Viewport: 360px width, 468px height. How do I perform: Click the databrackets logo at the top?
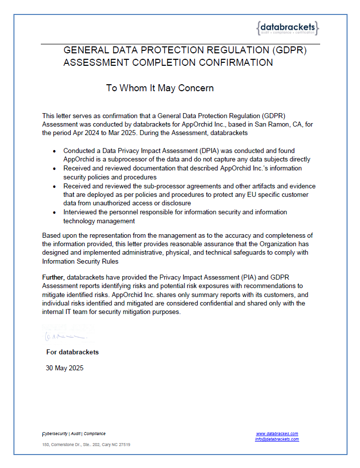click(x=287, y=28)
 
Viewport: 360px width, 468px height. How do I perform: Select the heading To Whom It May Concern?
click(x=160, y=88)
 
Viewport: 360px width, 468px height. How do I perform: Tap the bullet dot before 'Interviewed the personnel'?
click(x=55, y=212)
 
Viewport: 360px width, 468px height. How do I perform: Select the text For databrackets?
click(x=72, y=352)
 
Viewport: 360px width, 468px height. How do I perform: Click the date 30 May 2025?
click(x=65, y=368)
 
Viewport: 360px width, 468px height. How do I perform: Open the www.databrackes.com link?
click(x=277, y=434)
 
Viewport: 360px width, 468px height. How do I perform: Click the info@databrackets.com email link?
click(x=277, y=439)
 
